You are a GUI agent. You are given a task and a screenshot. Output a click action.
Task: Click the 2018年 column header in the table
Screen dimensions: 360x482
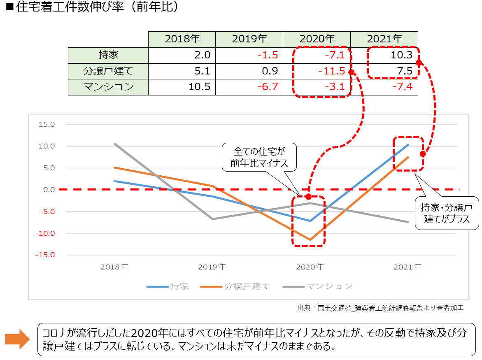[182, 39]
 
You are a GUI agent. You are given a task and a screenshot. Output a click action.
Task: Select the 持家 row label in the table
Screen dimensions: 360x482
[108, 55]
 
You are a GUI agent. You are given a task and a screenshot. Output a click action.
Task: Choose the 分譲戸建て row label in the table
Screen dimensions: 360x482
[108, 71]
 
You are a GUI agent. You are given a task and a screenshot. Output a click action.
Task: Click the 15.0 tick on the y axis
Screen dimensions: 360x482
[46, 125]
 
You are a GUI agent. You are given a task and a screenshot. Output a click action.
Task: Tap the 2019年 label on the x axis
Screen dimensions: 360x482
[212, 267]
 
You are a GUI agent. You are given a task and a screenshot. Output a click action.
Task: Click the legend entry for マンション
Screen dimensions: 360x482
[317, 286]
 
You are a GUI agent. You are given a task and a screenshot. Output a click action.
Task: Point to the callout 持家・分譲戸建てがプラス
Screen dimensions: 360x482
[447, 213]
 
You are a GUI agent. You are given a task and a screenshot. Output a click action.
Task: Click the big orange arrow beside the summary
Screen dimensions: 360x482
[17, 339]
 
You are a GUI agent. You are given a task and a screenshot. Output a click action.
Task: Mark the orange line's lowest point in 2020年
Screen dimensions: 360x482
[310, 239]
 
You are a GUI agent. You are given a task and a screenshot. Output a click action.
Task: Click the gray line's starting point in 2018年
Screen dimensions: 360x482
[115, 144]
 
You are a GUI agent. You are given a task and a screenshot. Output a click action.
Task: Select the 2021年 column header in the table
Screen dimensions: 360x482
[384, 39]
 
